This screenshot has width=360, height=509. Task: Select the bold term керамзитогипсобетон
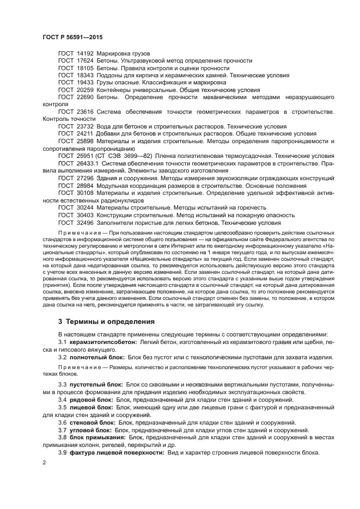click(x=104, y=342)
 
